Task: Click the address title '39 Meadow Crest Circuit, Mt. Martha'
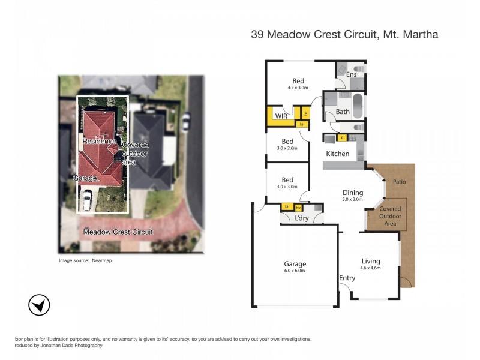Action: (344, 35)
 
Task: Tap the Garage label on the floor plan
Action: (295, 264)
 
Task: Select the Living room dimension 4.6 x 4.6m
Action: (371, 268)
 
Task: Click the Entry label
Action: (347, 278)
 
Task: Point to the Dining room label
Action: (353, 193)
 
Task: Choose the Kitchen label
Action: (337, 154)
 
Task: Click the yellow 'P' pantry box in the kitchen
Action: (342, 138)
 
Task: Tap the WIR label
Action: (280, 116)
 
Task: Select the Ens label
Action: (352, 75)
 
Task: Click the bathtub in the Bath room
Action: (358, 107)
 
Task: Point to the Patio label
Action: (400, 181)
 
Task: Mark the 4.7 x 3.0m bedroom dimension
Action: (298, 88)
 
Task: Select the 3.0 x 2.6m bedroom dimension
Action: (287, 148)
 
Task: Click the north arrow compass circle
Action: (39, 305)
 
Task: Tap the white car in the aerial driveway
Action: (87, 199)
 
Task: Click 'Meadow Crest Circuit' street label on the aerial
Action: (118, 232)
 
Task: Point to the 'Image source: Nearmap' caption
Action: (85, 261)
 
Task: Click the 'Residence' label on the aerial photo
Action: (99, 140)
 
